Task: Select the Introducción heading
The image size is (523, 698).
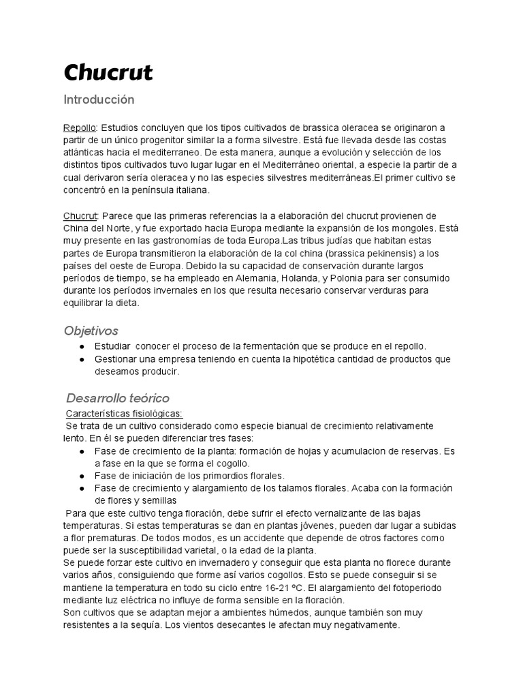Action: pos(99,100)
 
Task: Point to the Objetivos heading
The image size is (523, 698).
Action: pos(91,331)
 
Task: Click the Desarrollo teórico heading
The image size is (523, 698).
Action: pos(118,398)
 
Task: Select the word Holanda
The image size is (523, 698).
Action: pos(341,279)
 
